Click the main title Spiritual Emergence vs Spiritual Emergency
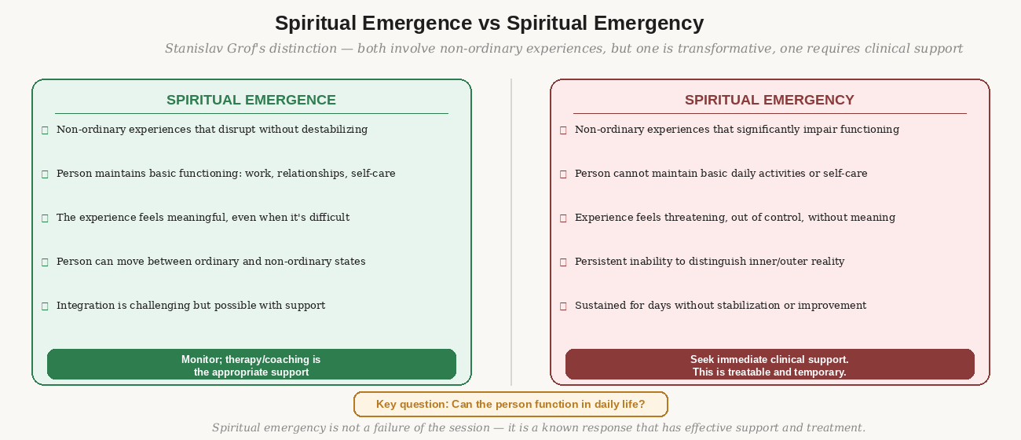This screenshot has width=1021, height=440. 489,23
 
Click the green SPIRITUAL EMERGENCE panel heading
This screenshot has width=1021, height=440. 251,100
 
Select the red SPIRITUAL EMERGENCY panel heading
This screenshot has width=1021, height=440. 769,100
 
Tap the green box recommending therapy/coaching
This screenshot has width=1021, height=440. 251,365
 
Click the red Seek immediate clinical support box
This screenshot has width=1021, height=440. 769,365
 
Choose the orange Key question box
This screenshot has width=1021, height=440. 510,404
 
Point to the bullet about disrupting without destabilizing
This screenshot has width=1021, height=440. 212,129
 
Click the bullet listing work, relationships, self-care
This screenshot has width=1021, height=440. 225,173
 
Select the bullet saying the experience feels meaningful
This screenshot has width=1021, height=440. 203,217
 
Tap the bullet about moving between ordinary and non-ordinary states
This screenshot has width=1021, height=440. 210,261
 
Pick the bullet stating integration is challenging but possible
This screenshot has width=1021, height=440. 191,305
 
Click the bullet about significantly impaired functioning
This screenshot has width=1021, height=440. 737,129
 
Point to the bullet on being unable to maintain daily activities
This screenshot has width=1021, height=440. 721,173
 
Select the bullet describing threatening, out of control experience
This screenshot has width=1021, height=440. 734,217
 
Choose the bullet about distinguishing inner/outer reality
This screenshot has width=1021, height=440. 709,261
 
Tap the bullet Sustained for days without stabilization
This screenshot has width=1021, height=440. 720,305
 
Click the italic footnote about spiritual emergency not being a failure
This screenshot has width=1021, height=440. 538,427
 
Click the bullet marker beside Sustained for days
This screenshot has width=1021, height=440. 563,306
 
